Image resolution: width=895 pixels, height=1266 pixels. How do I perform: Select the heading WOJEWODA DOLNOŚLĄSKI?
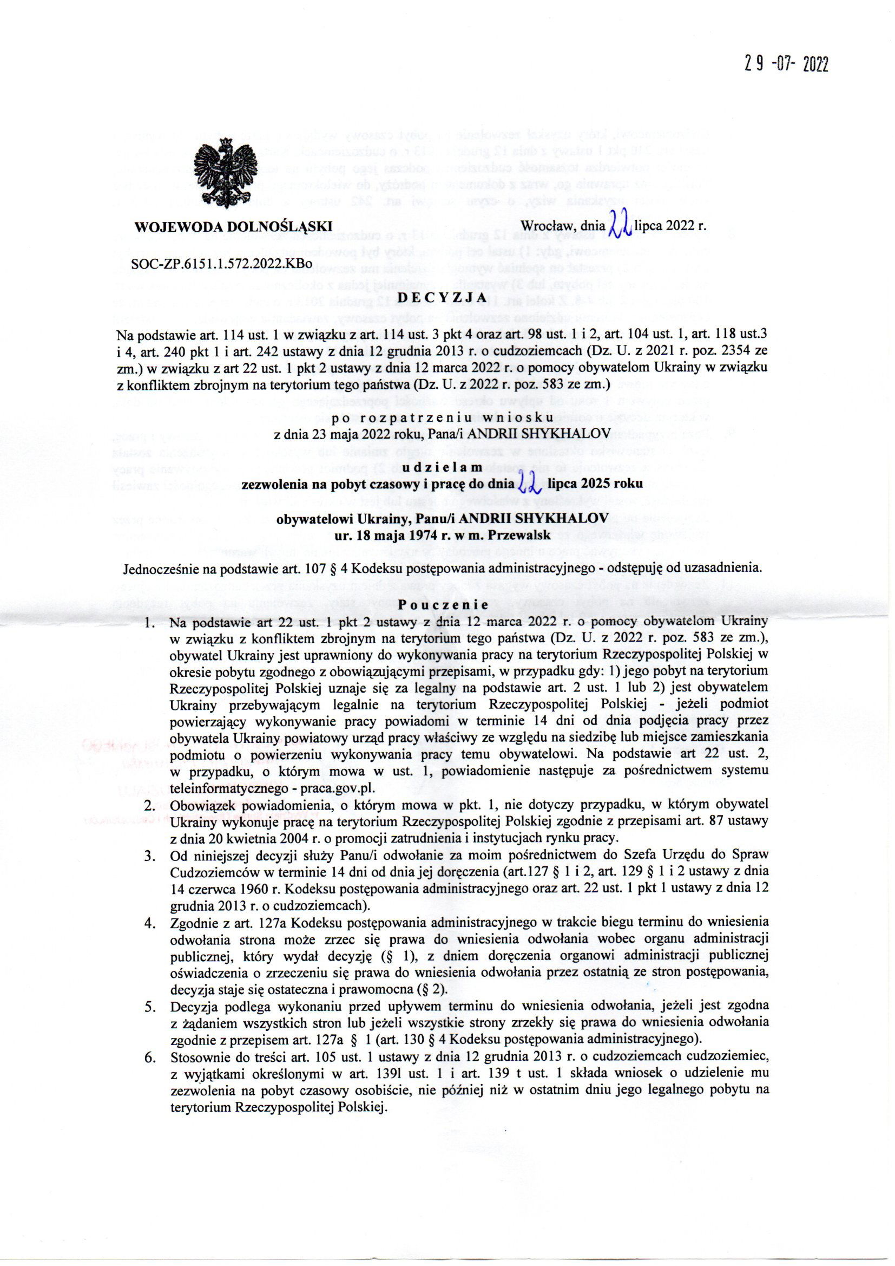(x=234, y=226)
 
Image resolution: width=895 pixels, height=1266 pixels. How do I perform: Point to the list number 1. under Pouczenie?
(x=149, y=623)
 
